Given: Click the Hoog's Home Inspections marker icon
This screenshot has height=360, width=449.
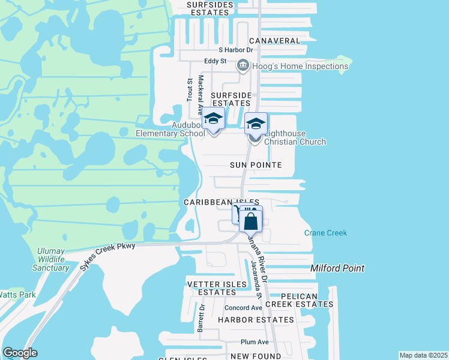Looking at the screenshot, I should click(x=243, y=65).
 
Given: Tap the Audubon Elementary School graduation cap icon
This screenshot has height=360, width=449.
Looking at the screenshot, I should click(x=213, y=118).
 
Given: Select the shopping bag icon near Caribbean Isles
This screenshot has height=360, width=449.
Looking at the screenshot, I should click(x=251, y=220).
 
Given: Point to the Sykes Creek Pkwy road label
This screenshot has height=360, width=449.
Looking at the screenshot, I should click(x=107, y=256).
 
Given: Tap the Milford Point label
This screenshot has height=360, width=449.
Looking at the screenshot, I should click(x=337, y=268).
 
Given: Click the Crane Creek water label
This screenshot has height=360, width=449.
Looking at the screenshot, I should click(x=325, y=233).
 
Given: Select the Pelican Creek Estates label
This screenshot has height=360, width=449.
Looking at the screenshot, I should click(x=299, y=300).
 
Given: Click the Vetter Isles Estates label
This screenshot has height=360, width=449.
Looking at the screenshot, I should click(x=217, y=288).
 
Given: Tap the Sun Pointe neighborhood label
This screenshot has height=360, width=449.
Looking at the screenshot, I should click(x=256, y=164).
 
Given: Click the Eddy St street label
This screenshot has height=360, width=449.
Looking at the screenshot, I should click(x=215, y=61).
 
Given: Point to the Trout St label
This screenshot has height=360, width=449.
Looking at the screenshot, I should click(x=189, y=90).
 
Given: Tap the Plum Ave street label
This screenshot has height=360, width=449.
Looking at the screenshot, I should click(x=254, y=342).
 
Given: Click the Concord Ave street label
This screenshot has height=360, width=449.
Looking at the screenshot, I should click(x=243, y=308).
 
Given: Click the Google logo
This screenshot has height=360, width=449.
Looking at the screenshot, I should click(x=20, y=353).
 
